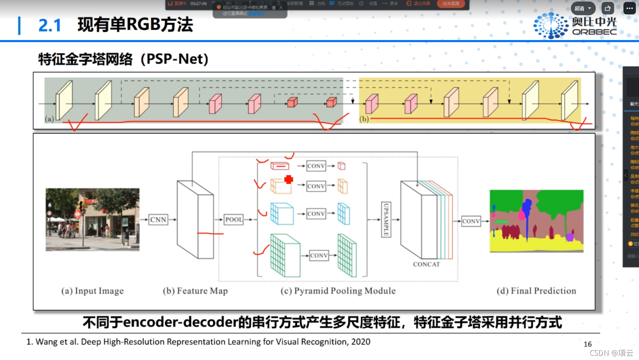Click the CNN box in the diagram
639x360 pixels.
158,220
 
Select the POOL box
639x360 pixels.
234,220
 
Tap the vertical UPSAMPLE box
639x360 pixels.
386,220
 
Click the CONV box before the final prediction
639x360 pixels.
471,221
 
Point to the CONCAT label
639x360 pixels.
426,265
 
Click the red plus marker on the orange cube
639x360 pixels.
289,180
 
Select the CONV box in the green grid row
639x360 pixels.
319,256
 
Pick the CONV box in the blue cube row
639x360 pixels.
316,214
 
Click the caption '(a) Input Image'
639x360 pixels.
92,291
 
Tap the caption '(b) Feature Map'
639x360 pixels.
195,291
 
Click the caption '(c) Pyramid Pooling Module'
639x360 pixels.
338,291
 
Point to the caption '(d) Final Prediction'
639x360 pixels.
536,291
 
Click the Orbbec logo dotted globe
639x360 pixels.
551,26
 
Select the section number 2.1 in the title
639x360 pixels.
50,26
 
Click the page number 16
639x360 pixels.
588,344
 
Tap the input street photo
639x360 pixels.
92,219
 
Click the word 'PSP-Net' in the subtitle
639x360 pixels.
174,59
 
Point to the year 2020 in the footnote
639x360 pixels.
361,342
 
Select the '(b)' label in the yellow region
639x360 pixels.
364,119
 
